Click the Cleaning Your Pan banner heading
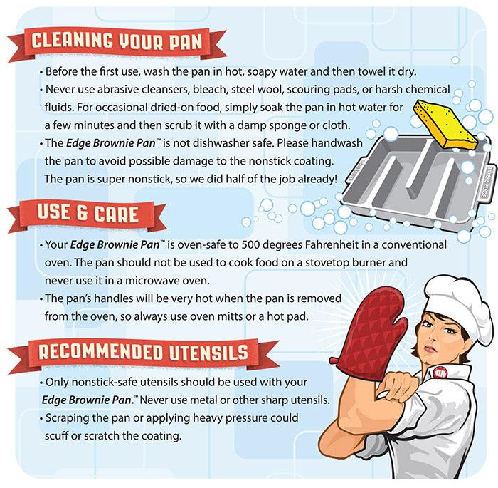(x=117, y=41)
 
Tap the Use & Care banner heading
(x=88, y=213)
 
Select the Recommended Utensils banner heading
(x=143, y=352)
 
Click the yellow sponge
(x=445, y=124)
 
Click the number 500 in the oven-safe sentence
(x=251, y=244)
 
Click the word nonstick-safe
(x=104, y=382)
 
